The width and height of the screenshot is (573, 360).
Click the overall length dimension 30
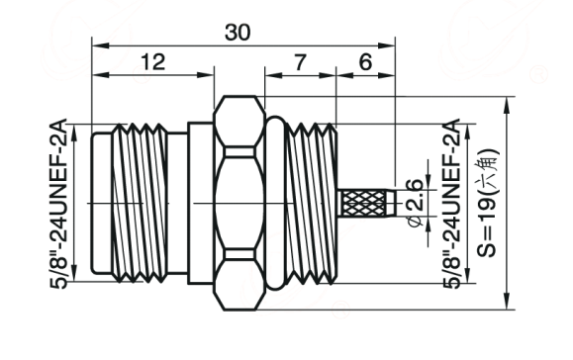coord(238,32)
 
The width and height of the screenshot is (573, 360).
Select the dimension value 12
coord(152,61)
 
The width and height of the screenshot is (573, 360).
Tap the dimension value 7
coord(299,62)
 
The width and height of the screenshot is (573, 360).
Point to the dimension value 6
coord(365,62)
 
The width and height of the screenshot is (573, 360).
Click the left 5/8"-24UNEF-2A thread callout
coord(58,204)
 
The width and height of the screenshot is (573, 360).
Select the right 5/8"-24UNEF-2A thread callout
coord(451,204)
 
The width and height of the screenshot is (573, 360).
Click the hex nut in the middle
coord(239,203)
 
